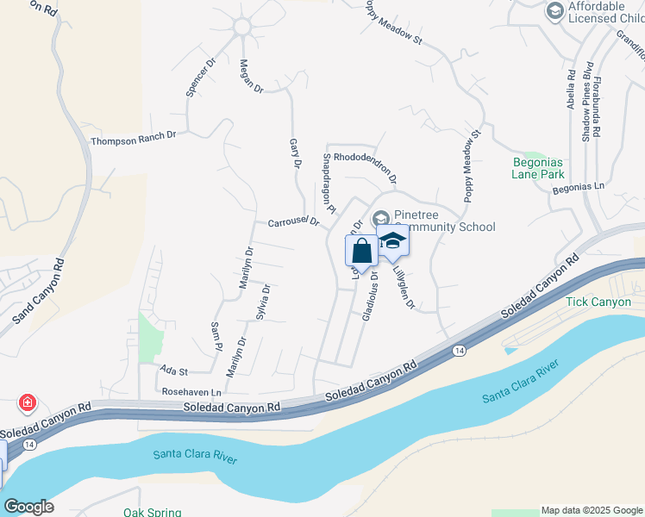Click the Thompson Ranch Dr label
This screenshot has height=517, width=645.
(133, 137)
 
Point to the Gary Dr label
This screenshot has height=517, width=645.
(295, 153)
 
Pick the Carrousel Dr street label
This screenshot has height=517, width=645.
(293, 222)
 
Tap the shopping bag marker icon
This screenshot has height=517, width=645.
(361, 252)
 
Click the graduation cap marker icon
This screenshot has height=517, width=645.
(392, 242)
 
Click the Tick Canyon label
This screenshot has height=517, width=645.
(599, 302)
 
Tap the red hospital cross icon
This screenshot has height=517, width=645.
(28, 402)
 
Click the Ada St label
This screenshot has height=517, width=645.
(174, 371)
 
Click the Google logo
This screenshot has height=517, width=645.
(28, 507)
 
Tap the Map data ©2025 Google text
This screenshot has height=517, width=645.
(591, 510)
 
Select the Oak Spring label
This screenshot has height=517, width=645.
(152, 513)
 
